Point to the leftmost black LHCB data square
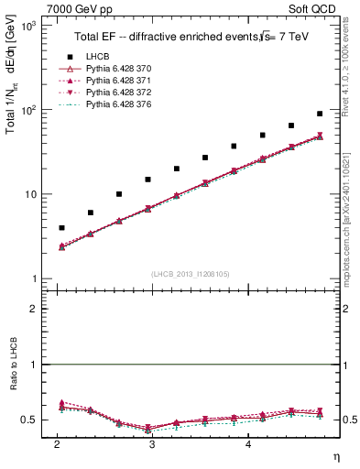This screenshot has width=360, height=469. tap(61, 227)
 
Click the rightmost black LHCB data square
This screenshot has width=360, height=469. tap(320, 114)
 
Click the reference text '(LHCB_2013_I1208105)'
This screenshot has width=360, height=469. tap(190, 274)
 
